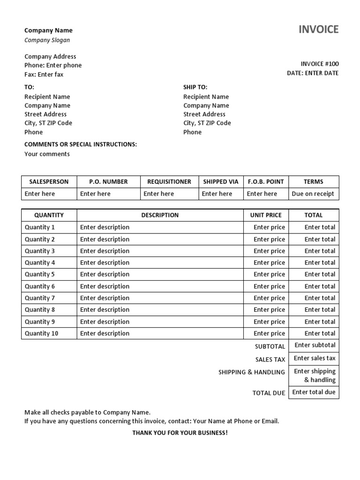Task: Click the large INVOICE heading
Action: tap(318, 30)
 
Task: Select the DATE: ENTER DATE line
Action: tap(312, 73)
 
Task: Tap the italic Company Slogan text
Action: tap(47, 40)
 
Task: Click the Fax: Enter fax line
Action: tap(44, 75)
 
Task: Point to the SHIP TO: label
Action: tap(195, 87)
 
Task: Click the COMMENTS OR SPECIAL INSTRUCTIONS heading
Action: tap(81, 144)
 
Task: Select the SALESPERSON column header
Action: tap(49, 182)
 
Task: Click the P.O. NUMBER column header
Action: tap(108, 182)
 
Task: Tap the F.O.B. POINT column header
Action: tap(265, 182)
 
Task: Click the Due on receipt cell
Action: tap(313, 194)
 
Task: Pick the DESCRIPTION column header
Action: tap(160, 215)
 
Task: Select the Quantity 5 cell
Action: tap(40, 275)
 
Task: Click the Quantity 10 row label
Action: tap(41, 334)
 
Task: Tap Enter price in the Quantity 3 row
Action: tap(269, 251)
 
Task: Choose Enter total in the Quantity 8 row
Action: tap(320, 310)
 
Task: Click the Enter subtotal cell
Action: tap(315, 345)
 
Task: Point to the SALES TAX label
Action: tap(270, 360)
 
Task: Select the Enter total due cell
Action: tap(314, 392)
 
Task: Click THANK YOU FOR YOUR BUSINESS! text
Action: tap(180, 433)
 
